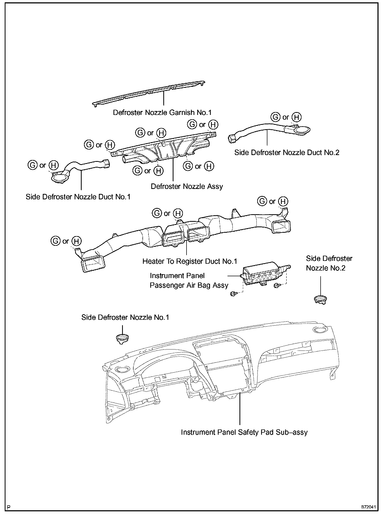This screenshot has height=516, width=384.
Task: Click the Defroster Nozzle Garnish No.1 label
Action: click(162, 113)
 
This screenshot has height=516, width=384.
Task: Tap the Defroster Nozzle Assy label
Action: click(187, 187)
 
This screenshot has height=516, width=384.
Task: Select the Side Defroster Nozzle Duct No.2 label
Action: click(287, 152)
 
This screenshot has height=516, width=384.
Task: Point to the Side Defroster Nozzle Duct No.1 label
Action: click(78, 197)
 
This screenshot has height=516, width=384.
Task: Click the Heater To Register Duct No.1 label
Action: click(190, 261)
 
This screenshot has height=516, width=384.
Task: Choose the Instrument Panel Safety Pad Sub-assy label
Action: click(244, 432)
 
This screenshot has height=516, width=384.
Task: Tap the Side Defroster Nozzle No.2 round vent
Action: click(320, 299)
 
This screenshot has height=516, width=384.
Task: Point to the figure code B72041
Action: click(368, 507)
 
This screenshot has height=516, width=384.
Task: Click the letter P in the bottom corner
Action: click(9, 507)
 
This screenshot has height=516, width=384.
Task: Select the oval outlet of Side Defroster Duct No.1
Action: click(59, 179)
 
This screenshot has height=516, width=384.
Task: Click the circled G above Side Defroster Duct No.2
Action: click(275, 117)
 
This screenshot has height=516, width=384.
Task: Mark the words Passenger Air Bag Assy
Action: click(189, 285)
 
